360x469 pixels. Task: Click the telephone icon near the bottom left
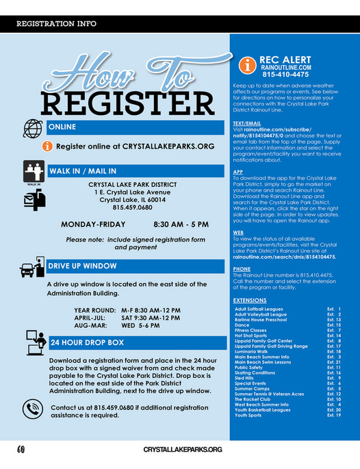pyautogui.click(x=32, y=409)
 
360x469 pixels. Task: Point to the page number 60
pyautogui.click(x=23, y=449)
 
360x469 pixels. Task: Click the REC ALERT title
pyautogui.click(x=286, y=60)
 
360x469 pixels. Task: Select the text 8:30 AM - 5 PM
pyautogui.click(x=181, y=224)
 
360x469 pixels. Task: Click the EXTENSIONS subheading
pyautogui.click(x=249, y=300)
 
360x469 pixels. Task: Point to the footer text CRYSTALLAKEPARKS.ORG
pyautogui.click(x=183, y=449)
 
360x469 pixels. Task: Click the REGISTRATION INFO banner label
pyautogui.click(x=56, y=24)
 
